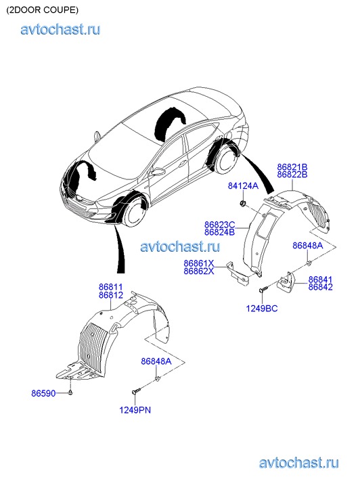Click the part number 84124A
(x=243, y=186)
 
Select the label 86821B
(x=292, y=167)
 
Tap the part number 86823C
(x=220, y=225)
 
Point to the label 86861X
(x=199, y=263)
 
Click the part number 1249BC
(x=262, y=309)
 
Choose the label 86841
(x=320, y=279)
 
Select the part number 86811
(x=111, y=287)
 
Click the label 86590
(x=43, y=393)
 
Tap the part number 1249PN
(x=135, y=410)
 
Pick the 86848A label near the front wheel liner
(x=156, y=361)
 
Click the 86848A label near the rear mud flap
(x=308, y=246)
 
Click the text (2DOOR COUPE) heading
(x=43, y=10)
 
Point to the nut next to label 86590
(x=70, y=393)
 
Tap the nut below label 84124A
(x=243, y=204)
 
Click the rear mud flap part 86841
(x=286, y=282)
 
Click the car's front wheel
(x=135, y=212)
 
